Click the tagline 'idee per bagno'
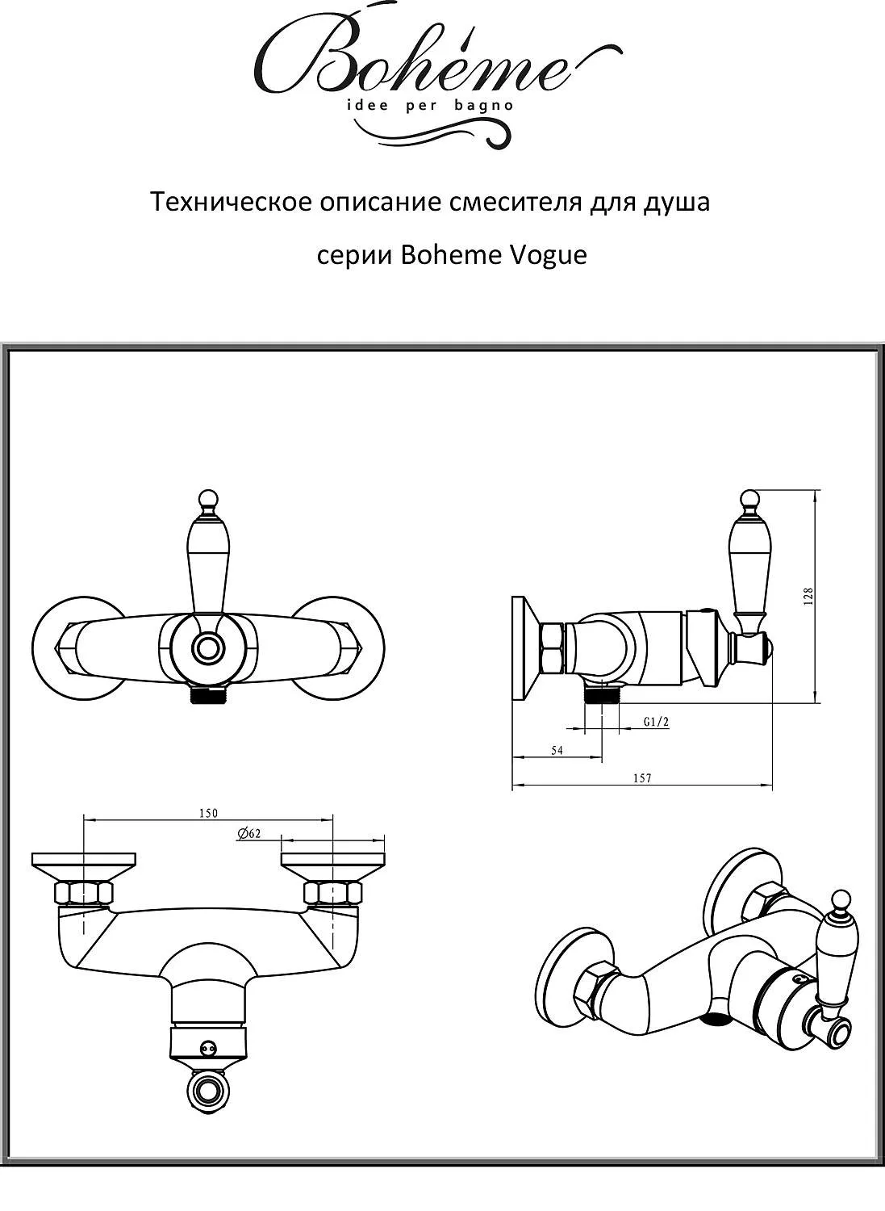429,106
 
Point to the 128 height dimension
808,595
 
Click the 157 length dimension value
642,778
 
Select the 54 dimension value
557,750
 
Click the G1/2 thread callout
657,723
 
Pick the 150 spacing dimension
208,813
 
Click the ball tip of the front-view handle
208,498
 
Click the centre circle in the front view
209,647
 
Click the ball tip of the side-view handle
749,498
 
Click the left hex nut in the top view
82,893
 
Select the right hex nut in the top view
332,893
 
